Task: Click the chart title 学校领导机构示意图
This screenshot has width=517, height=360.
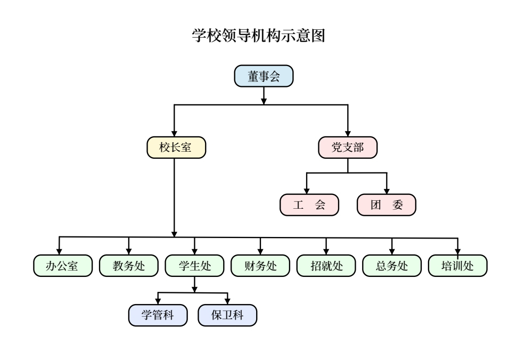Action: point(258,37)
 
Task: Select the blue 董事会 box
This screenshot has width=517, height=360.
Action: point(264,76)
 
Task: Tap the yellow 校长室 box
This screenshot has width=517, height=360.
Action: point(176,148)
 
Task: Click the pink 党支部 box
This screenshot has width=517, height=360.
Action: point(348,148)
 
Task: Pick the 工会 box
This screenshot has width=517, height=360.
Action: point(309,204)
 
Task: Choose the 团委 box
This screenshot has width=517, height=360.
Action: point(387,204)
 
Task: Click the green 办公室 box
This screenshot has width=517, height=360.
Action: point(63,266)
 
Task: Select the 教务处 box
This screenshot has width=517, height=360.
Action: point(129,266)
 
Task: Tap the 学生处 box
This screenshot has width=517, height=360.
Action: point(195,266)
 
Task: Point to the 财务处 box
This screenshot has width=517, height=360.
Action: point(260,266)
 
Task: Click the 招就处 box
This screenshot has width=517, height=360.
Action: point(326,266)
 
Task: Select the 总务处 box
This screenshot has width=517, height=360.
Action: point(392,266)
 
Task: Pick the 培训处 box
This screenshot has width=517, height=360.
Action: point(458,266)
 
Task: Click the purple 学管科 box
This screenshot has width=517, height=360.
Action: point(158,315)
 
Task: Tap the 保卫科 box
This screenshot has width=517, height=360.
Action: point(227,315)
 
